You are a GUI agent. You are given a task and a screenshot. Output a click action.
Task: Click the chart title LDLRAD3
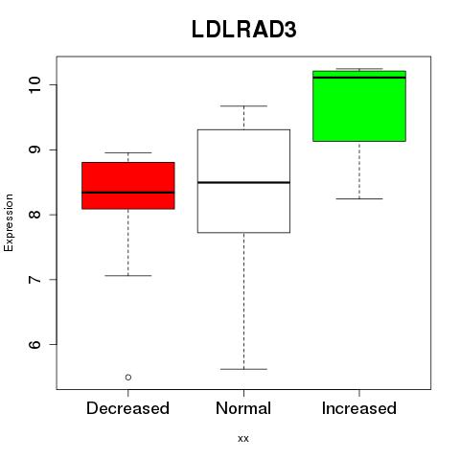click(x=244, y=29)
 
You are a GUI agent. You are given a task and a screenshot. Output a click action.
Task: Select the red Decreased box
click(x=128, y=186)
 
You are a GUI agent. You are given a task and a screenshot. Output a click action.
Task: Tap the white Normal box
click(x=243, y=181)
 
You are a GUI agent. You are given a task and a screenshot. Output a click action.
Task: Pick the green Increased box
click(x=359, y=105)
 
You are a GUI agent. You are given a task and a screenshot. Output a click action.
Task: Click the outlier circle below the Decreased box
click(x=128, y=378)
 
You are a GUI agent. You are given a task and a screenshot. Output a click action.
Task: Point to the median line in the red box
click(x=128, y=193)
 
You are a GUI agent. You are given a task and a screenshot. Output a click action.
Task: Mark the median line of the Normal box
click(x=243, y=182)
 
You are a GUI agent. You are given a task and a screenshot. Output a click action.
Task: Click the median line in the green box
click(x=359, y=78)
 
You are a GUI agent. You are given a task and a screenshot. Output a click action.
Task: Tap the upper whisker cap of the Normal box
click(x=243, y=105)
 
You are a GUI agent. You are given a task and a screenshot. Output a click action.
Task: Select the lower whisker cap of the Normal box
click(x=243, y=369)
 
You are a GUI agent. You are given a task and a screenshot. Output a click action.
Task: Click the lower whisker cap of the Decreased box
click(x=128, y=275)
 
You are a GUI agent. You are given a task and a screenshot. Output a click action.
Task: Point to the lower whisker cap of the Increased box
click(x=359, y=198)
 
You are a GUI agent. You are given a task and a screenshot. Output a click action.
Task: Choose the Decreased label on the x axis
click(x=127, y=408)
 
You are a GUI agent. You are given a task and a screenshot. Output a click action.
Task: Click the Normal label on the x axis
click(x=243, y=408)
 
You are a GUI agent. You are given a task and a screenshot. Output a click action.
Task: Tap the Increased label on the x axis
click(x=359, y=408)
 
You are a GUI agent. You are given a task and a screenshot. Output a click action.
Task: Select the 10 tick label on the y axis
click(x=34, y=84)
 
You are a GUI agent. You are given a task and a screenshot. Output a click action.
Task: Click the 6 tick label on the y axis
click(x=34, y=344)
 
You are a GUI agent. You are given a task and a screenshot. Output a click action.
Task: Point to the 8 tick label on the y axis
click(x=34, y=215)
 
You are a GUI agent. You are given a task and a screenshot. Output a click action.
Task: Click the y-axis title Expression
click(x=9, y=222)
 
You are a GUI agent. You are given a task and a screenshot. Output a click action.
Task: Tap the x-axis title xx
click(x=243, y=439)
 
